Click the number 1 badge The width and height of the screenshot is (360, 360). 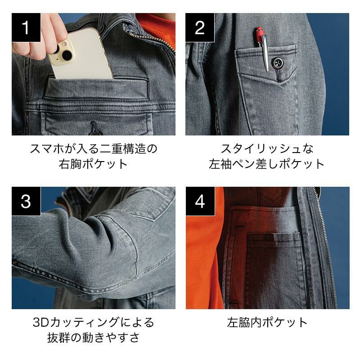(x=26, y=27)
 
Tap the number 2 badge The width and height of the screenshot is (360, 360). (x=200, y=27)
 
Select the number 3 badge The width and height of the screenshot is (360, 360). (x=26, y=201)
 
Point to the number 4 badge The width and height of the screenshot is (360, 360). (x=200, y=201)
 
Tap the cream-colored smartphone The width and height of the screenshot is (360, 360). (x=81, y=54)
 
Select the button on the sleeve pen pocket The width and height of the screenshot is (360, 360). (x=277, y=63)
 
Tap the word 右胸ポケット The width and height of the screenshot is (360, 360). (x=93, y=164)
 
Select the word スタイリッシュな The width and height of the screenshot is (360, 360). (x=267, y=149)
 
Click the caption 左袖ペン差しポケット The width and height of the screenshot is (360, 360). (x=266, y=164)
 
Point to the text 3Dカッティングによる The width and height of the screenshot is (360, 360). (x=94, y=322)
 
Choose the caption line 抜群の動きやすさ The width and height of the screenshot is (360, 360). (x=94, y=337)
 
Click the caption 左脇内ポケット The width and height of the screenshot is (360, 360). (x=267, y=322)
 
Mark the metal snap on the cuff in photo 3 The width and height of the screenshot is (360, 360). (x=15, y=262)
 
